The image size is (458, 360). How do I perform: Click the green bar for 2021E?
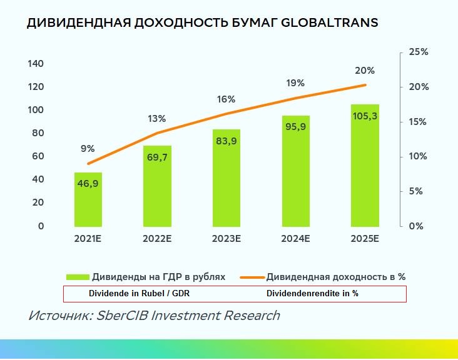(x=88, y=200)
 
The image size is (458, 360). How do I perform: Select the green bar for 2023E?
(x=226, y=178)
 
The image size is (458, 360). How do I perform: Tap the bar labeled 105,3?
(x=364, y=166)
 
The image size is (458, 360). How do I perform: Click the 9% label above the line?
(x=88, y=149)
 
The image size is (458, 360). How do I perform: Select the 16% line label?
(x=226, y=99)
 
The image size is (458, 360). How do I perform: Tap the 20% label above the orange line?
(x=364, y=71)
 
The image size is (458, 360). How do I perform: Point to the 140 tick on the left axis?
(x=36, y=64)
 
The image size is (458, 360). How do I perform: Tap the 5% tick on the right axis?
(x=417, y=191)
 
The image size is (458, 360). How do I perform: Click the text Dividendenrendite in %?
(x=312, y=293)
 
